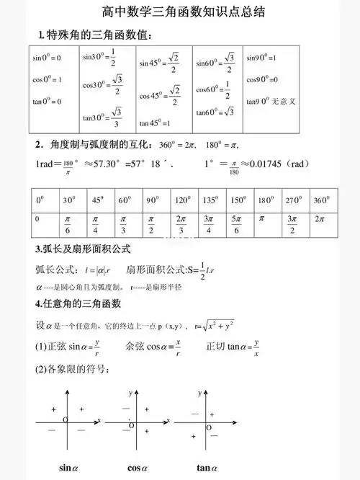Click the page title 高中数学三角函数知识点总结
(x=180, y=12)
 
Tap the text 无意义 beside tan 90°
(x=284, y=101)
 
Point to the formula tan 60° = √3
(x=215, y=112)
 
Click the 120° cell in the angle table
(x=183, y=200)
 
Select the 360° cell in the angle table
(x=321, y=200)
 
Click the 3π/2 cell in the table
(x=292, y=223)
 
